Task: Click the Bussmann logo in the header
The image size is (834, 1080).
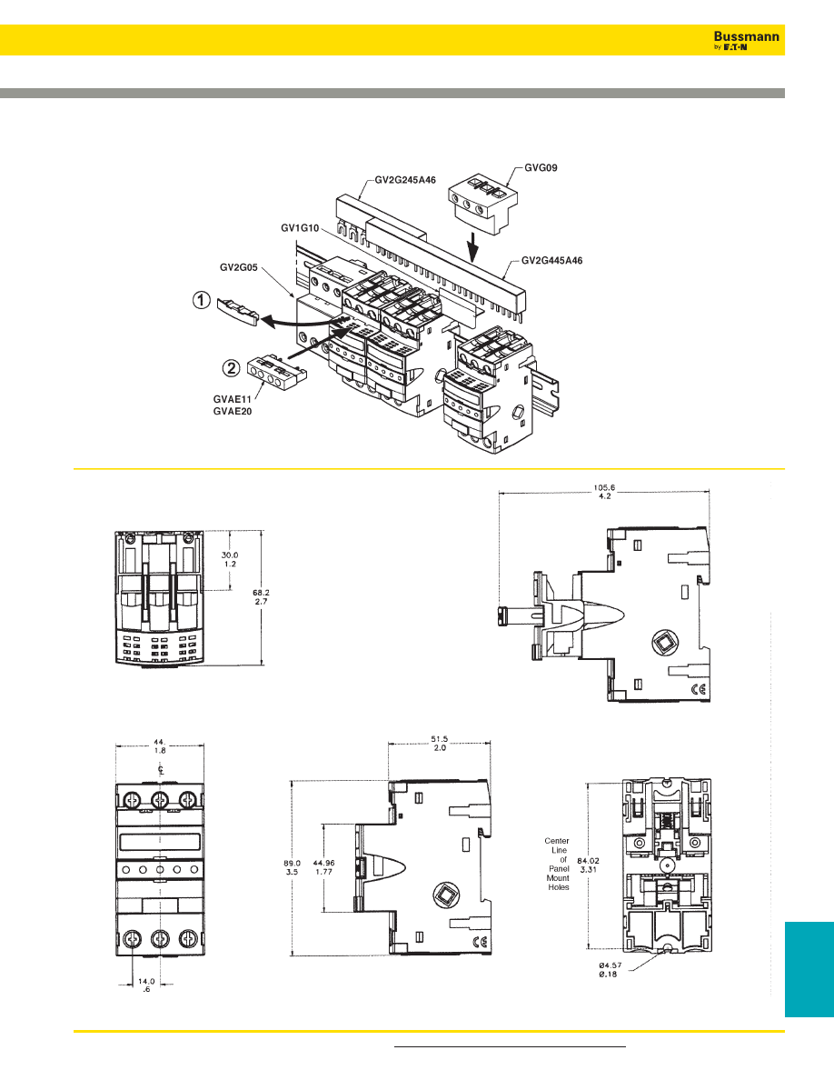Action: point(747,40)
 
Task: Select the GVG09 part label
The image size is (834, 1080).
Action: point(541,167)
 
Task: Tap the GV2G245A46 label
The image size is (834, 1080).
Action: point(405,180)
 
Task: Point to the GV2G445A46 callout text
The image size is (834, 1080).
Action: point(551,260)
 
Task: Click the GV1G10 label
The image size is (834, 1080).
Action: point(300,227)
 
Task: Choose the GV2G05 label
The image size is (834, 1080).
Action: point(239,267)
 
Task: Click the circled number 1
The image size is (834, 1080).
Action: point(201,300)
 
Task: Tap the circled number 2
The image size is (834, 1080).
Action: point(232,368)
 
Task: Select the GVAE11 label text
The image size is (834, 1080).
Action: point(233,399)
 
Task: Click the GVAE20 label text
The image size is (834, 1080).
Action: point(233,411)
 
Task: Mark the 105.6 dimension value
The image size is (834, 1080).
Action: point(604,487)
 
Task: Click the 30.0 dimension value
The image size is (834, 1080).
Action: point(230,555)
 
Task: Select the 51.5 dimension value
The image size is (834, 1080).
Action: point(439,739)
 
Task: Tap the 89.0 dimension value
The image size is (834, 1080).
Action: point(292,863)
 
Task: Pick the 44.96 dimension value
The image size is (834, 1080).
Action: point(323,863)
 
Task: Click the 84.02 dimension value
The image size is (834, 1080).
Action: point(589,860)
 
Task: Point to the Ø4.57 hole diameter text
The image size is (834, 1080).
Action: point(610,965)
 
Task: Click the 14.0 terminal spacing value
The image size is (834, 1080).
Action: point(146,982)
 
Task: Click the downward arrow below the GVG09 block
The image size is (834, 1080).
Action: point(472,247)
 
